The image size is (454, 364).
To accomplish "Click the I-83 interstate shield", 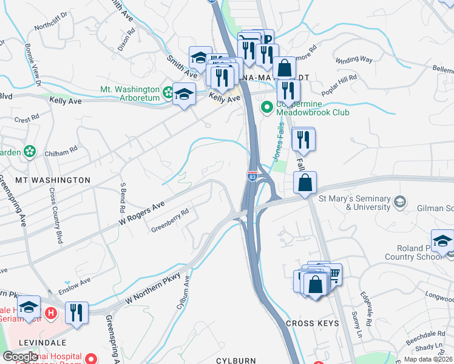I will point(252,176).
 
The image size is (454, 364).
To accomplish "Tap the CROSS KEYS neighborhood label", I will point(311,323).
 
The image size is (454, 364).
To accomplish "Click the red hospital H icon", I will point(52,313).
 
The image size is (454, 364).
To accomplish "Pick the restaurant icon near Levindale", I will point(76,312).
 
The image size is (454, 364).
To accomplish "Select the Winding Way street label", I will point(353,60).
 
